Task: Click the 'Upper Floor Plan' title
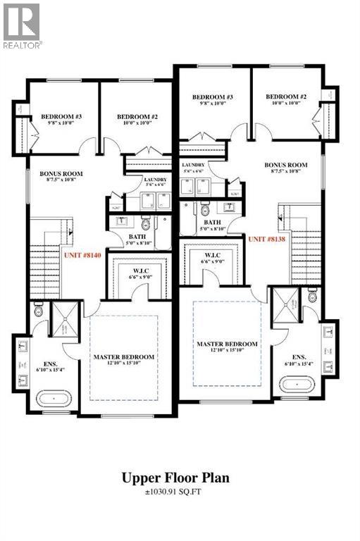pyautogui.click(x=180, y=478)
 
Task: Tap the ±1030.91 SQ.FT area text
pyautogui.click(x=180, y=492)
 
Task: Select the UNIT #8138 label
pyautogui.click(x=267, y=239)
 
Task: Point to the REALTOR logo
pyautogui.click(x=22, y=25)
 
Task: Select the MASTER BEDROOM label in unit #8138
pyautogui.click(x=227, y=344)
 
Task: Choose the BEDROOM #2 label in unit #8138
pyautogui.click(x=284, y=97)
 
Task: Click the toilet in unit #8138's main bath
pyautogui.click(x=206, y=209)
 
